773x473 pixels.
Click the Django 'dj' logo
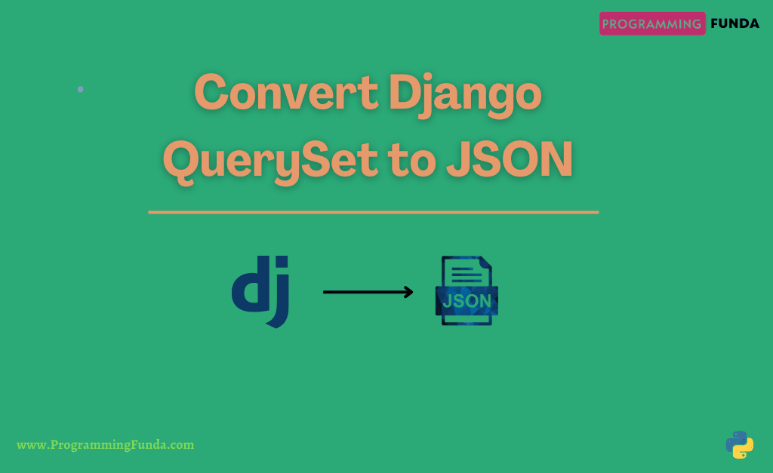point(260,290)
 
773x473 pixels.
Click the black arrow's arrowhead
point(408,292)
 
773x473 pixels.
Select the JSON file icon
point(467,291)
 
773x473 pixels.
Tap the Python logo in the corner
point(739,444)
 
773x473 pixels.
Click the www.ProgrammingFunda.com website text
point(105,445)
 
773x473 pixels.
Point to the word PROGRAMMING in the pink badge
point(651,23)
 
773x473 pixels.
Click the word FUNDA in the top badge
point(734,23)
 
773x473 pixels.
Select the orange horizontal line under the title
point(373,213)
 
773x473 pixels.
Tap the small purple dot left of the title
point(81,89)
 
